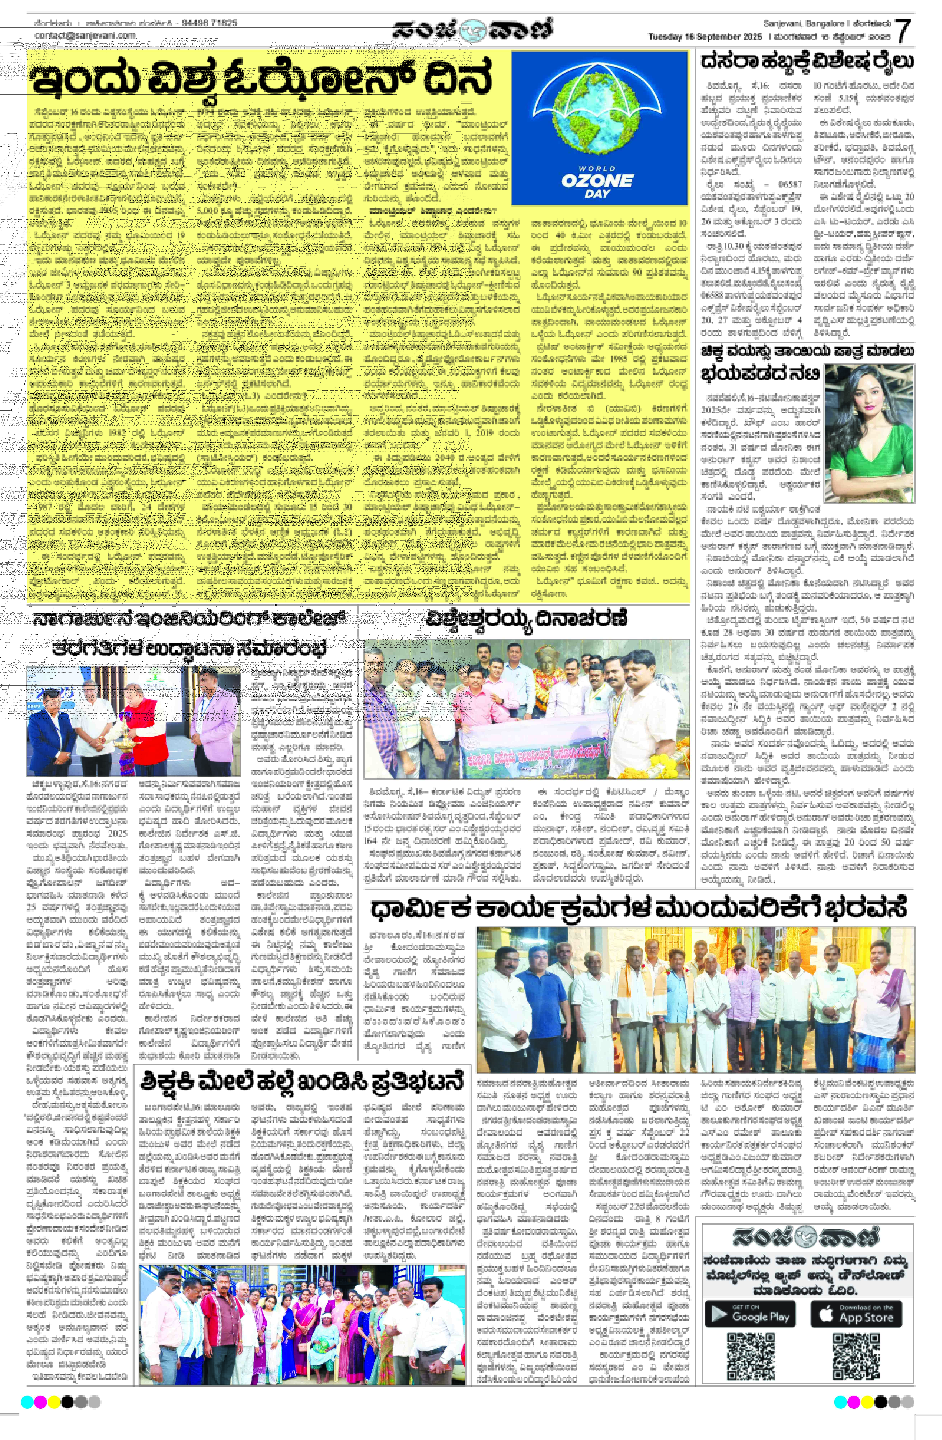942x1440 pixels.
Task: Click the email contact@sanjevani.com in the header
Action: point(85,36)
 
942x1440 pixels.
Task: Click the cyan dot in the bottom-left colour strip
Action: point(27,1402)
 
